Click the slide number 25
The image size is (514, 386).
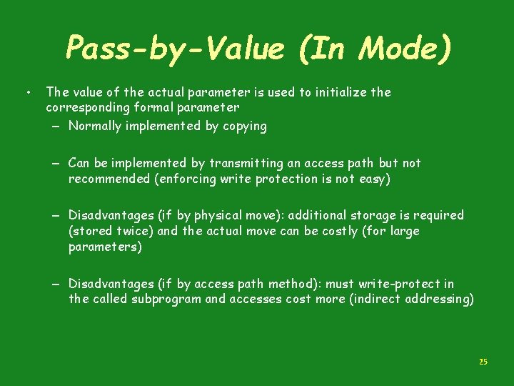click(483, 362)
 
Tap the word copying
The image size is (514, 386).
click(243, 127)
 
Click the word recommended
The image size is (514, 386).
click(109, 179)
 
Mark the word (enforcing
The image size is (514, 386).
click(185, 179)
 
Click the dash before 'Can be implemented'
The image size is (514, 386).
click(55, 164)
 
